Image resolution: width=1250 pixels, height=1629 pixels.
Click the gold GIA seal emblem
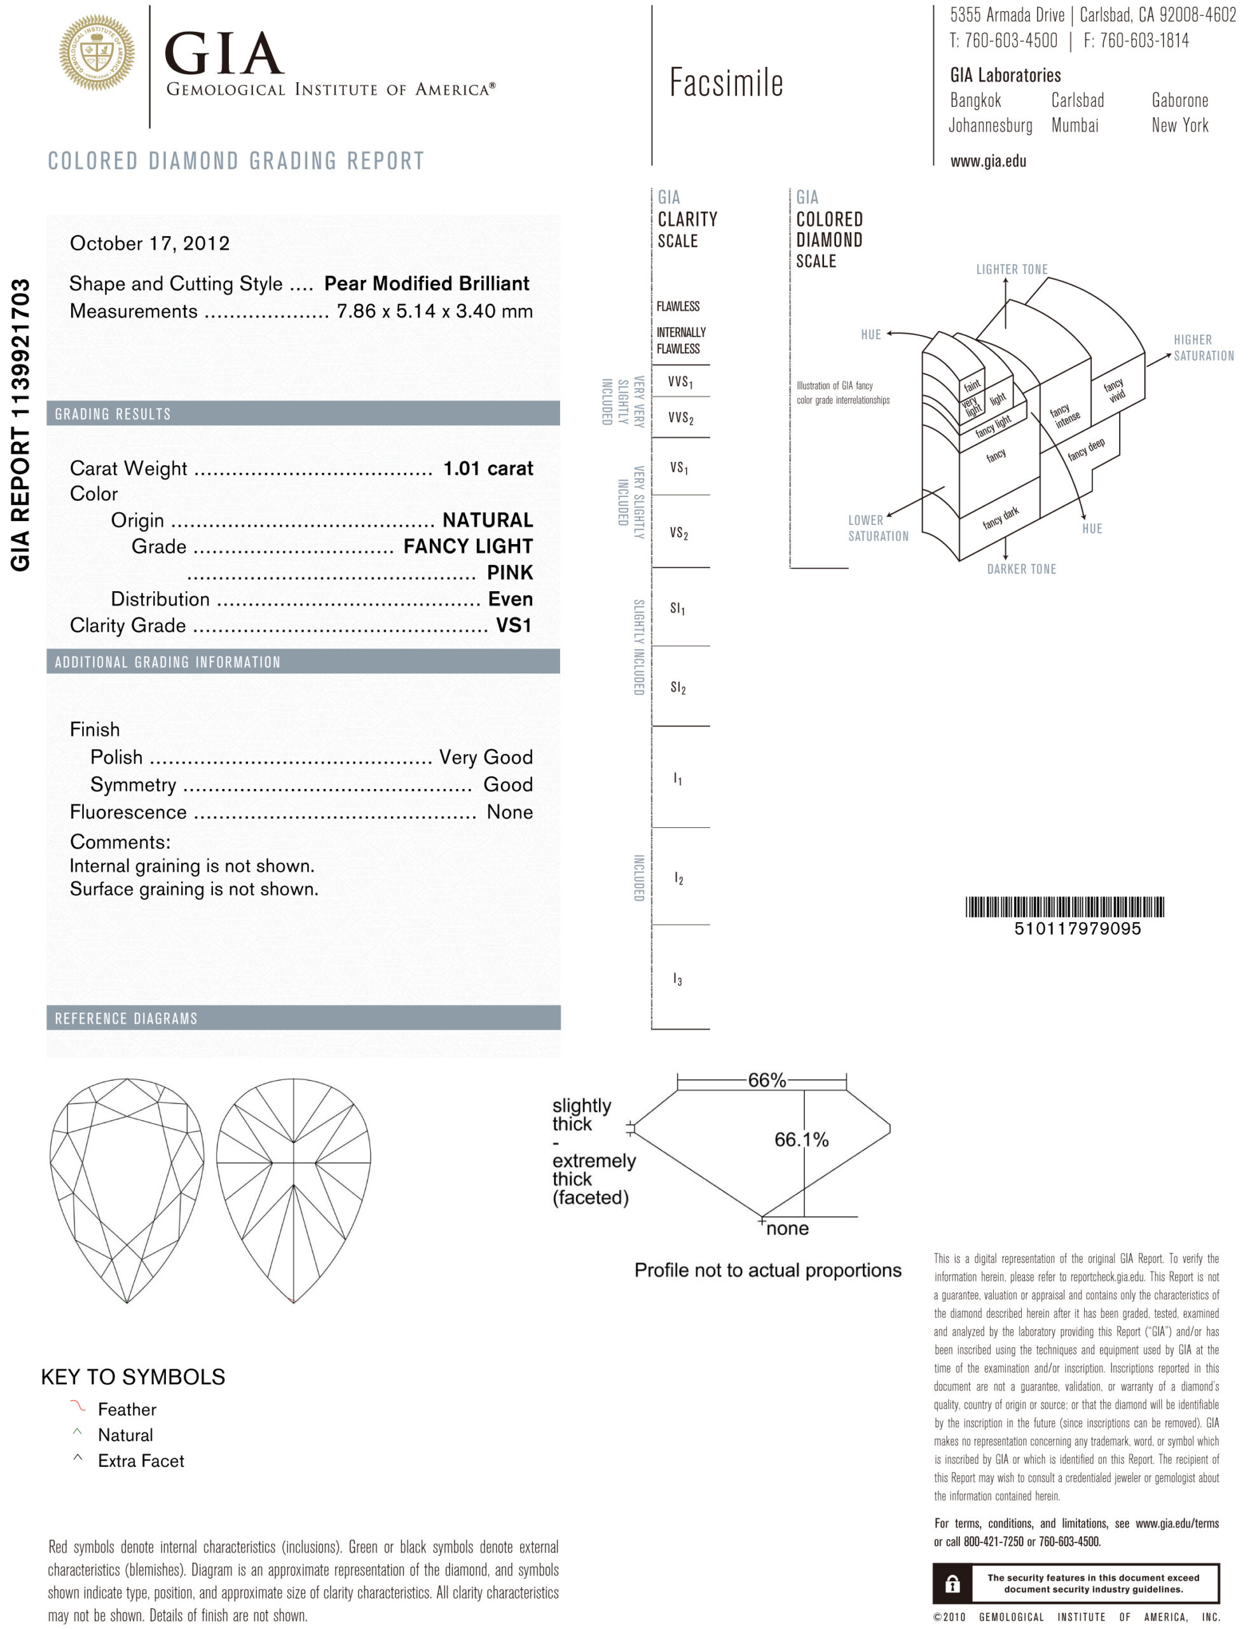coord(97,53)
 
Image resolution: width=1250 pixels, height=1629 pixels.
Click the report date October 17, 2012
coord(149,244)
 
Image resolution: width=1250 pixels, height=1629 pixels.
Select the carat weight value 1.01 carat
coord(488,468)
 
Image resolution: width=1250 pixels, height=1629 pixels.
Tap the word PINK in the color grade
coord(510,573)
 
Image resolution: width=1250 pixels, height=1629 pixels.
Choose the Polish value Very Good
coord(486,757)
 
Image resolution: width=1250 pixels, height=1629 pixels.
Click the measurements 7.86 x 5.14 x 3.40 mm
coord(434,311)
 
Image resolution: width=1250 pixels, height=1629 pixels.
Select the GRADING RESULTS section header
coord(113,414)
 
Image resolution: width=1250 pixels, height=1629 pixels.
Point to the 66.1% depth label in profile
coord(801,1140)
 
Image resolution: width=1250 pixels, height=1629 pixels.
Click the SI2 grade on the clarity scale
coord(678,687)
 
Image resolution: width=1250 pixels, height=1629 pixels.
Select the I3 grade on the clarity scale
coord(677,979)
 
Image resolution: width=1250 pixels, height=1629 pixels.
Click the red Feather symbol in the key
coord(78,1406)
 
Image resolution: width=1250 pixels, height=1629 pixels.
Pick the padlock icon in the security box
coord(952,1584)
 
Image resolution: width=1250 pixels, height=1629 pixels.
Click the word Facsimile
coord(726,83)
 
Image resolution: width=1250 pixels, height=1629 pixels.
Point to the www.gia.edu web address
coord(987,162)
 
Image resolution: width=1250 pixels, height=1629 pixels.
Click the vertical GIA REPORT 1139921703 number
coord(21,424)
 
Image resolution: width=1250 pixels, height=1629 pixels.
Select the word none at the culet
coord(787,1229)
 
